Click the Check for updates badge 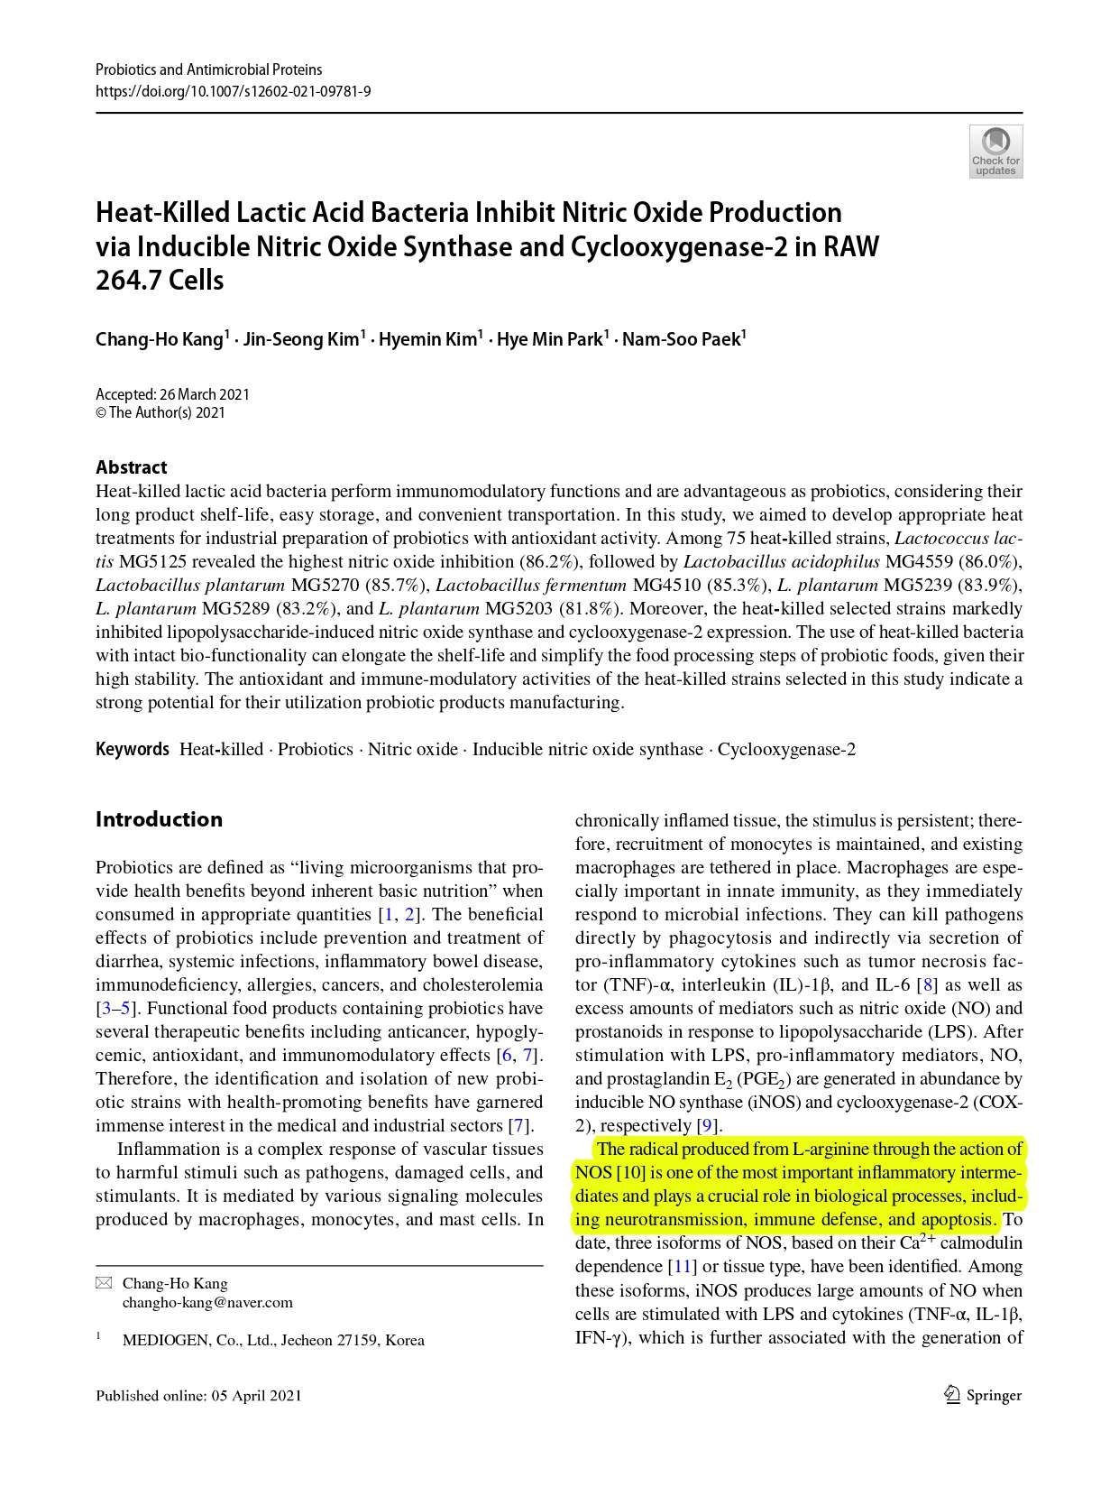pyautogui.click(x=995, y=151)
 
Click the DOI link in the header pyautogui.click(x=234, y=91)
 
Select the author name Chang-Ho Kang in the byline pyautogui.click(x=159, y=340)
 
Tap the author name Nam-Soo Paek pyautogui.click(x=681, y=340)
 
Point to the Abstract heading pyautogui.click(x=132, y=467)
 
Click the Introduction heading pyautogui.click(x=159, y=819)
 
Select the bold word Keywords pyautogui.click(x=133, y=750)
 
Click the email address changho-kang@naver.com pyautogui.click(x=207, y=1302)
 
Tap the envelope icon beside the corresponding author pyautogui.click(x=104, y=1283)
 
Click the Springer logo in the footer pyautogui.click(x=982, y=1395)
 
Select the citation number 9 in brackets pyautogui.click(x=708, y=1126)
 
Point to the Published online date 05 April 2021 pyautogui.click(x=257, y=1396)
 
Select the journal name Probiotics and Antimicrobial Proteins pyautogui.click(x=208, y=69)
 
